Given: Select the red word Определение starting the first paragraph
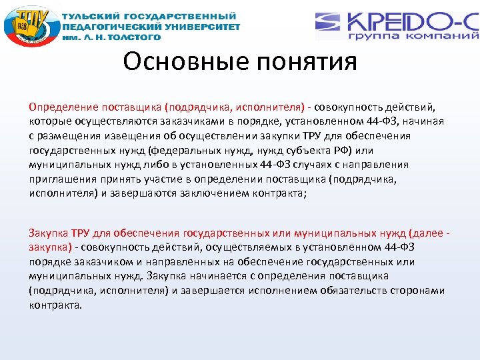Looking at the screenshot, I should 63,106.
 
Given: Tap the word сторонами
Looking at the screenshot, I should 421,291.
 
